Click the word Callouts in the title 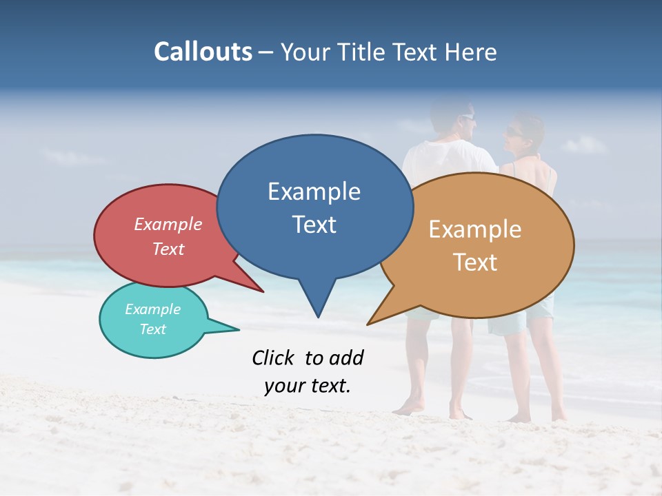tap(203, 52)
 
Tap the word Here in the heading tap(468, 52)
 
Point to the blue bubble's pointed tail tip tap(318, 317)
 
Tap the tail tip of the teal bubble tap(239, 329)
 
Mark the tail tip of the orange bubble tap(368, 324)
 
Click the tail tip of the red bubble tap(263, 291)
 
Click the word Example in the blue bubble tap(314, 192)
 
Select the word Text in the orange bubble tap(476, 262)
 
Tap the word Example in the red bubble tap(168, 225)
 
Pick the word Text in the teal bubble tap(153, 329)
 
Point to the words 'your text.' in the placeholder tap(308, 386)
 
